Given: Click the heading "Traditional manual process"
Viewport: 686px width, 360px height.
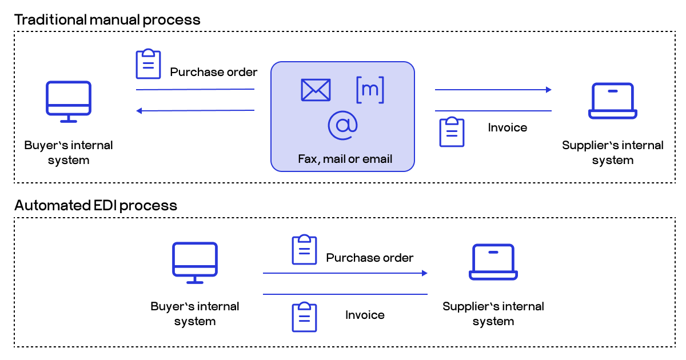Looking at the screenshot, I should tap(107, 19).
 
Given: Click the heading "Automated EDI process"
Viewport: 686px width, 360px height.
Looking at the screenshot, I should tap(95, 205).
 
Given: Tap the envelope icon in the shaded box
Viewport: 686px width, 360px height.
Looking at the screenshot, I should tap(316, 90).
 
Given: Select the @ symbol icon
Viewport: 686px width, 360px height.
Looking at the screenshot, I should tap(342, 125).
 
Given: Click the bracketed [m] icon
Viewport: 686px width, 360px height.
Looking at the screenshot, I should tap(370, 90).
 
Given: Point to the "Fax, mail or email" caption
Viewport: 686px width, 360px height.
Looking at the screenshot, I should tap(345, 159).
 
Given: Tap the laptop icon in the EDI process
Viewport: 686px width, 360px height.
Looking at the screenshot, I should tap(493, 262).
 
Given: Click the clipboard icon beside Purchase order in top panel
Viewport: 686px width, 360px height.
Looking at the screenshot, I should tap(148, 64).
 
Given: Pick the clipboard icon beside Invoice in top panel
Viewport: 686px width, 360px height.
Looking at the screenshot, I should tap(452, 132).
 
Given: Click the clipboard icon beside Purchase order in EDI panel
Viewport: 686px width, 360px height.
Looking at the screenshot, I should tap(304, 250).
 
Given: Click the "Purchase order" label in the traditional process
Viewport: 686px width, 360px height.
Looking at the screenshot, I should tap(214, 72).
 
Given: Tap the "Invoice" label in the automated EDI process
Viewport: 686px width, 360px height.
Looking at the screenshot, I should tap(365, 315).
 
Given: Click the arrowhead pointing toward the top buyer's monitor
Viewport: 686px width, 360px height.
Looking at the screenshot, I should tap(139, 110).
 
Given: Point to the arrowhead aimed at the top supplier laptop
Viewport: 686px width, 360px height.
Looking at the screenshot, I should tap(548, 90).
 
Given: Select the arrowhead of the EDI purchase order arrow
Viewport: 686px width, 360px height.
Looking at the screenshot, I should tap(424, 273).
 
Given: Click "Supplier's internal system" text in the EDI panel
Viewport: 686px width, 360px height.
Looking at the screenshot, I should tap(493, 314).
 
